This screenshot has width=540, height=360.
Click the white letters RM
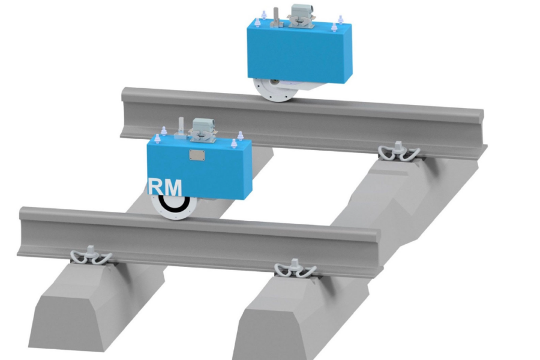pos(165,187)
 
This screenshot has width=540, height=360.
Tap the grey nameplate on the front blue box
pos(196,155)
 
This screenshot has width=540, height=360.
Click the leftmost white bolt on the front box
pos(157,138)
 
